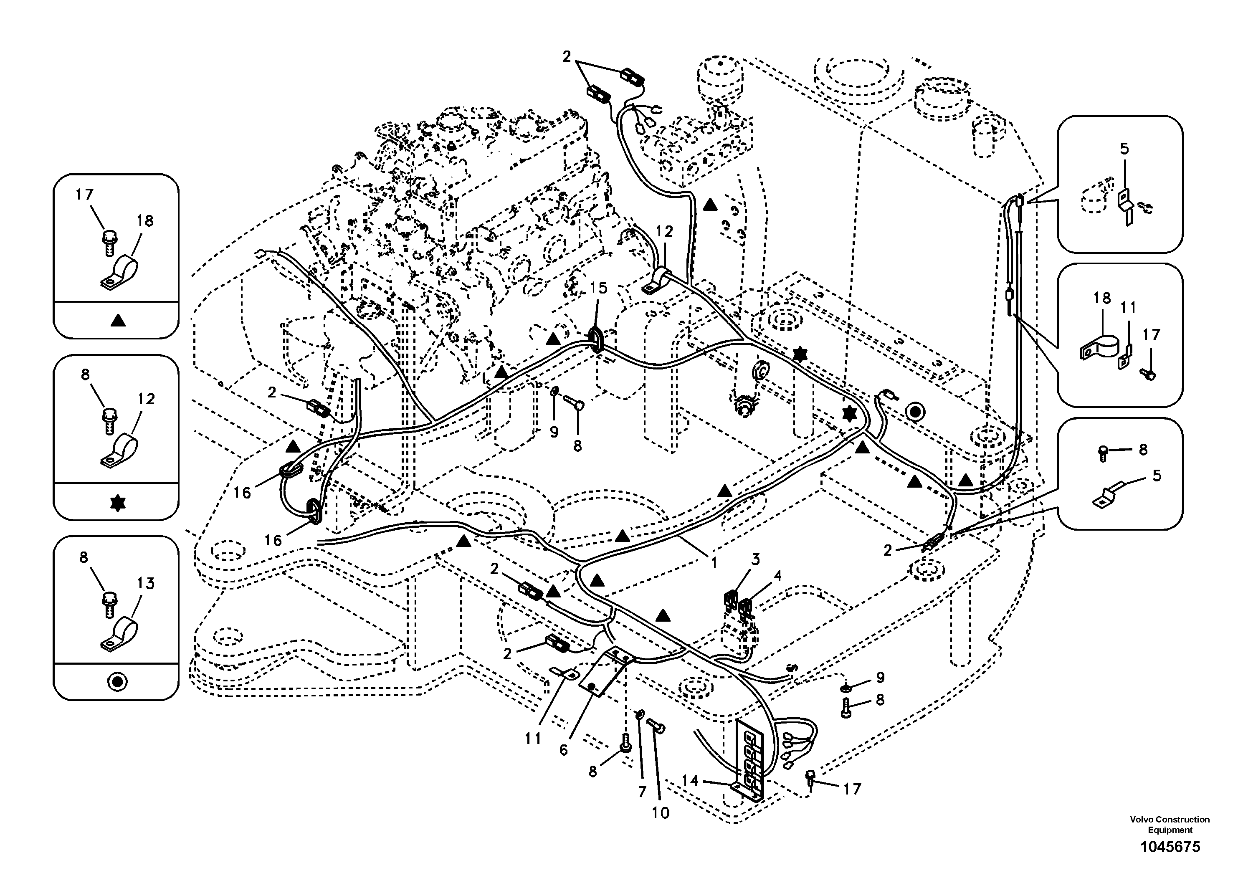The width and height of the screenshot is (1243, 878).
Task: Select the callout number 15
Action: (599, 288)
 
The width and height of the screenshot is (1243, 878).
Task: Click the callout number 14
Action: (690, 781)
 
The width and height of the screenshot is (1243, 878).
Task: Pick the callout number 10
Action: (661, 812)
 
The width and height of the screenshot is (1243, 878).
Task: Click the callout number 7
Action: (642, 792)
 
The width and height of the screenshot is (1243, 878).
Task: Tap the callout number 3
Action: (755, 559)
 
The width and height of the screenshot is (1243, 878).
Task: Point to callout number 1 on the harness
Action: (714, 564)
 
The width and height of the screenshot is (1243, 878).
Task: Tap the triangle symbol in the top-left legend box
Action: (117, 321)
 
